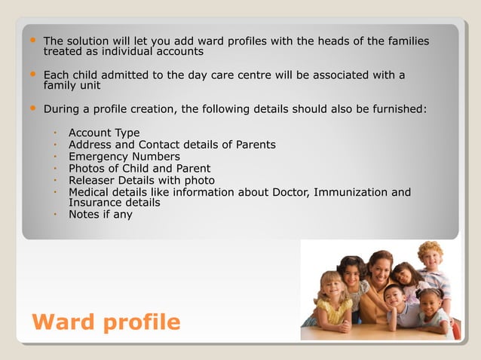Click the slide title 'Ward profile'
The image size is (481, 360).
(x=106, y=322)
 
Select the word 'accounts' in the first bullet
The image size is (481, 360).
(x=179, y=52)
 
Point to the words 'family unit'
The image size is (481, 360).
(x=72, y=86)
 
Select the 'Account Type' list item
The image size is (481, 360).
(x=104, y=133)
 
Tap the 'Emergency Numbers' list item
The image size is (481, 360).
(x=124, y=157)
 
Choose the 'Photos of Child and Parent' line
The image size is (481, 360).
(x=139, y=169)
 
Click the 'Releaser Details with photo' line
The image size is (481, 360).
(x=142, y=180)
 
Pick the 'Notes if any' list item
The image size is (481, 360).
(x=100, y=215)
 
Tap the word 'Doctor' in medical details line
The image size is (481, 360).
(x=287, y=192)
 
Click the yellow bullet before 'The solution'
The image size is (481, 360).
(x=31, y=40)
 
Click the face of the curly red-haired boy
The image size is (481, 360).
(x=430, y=258)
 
